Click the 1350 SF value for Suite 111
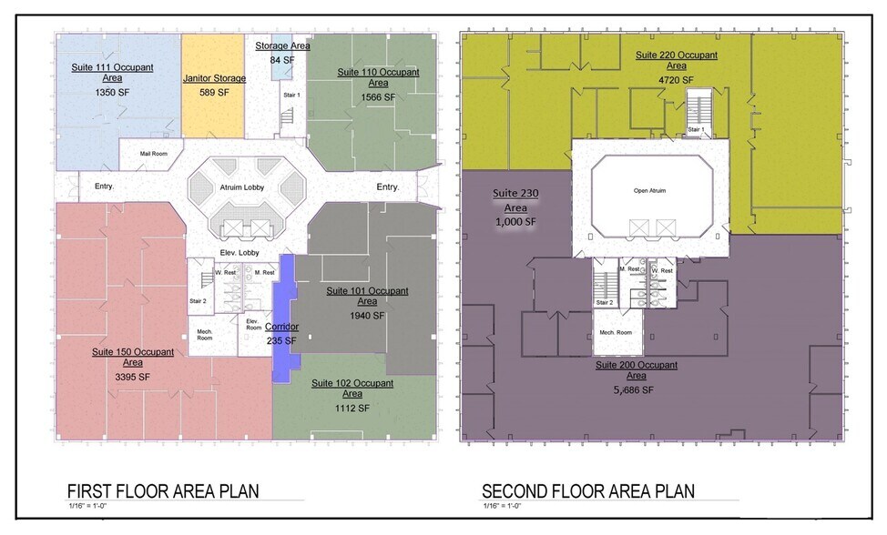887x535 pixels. [112, 92]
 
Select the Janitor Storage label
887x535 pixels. [214, 78]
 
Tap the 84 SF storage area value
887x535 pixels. [282, 59]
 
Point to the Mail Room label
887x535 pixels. [154, 154]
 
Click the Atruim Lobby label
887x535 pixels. [242, 187]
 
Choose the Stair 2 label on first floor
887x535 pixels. [198, 301]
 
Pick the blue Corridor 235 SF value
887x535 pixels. [281, 340]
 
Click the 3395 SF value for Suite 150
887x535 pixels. [132, 377]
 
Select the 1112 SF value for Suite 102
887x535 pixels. [352, 408]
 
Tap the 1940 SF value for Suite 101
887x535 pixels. [367, 316]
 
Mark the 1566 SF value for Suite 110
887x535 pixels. [378, 97]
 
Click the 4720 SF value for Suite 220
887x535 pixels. [676, 80]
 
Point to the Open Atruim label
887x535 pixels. [649, 190]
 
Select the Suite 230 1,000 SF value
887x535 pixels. [515, 222]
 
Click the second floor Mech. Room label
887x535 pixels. [616, 332]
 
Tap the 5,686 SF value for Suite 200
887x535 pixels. [634, 389]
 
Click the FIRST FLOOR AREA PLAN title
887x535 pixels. [163, 491]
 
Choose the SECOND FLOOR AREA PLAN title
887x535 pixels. [588, 491]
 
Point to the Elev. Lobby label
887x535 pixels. [240, 253]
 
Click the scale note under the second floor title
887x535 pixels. [502, 506]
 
